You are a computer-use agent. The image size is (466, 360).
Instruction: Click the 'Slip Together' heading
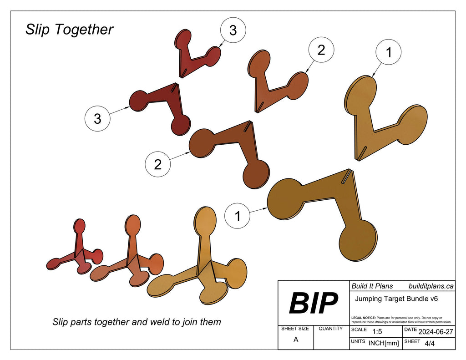click(69, 30)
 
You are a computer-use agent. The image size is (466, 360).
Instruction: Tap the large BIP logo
click(314, 303)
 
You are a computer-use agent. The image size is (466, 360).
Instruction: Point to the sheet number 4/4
click(429, 344)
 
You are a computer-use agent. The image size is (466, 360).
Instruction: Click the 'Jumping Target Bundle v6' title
click(396, 299)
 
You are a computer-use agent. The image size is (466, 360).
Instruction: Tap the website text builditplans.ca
click(431, 286)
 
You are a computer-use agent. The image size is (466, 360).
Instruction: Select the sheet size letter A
click(296, 340)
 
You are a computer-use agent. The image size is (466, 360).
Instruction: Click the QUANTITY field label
click(331, 329)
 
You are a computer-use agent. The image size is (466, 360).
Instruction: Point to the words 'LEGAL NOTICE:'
click(364, 317)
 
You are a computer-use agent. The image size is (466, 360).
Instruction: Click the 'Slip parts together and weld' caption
click(137, 322)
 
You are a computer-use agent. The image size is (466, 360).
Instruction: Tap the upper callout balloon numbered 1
click(388, 53)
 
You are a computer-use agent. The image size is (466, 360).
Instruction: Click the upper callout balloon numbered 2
click(321, 50)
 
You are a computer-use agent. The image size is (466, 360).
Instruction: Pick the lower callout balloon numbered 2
click(157, 164)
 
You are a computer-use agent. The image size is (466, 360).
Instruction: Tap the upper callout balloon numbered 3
click(233, 30)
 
